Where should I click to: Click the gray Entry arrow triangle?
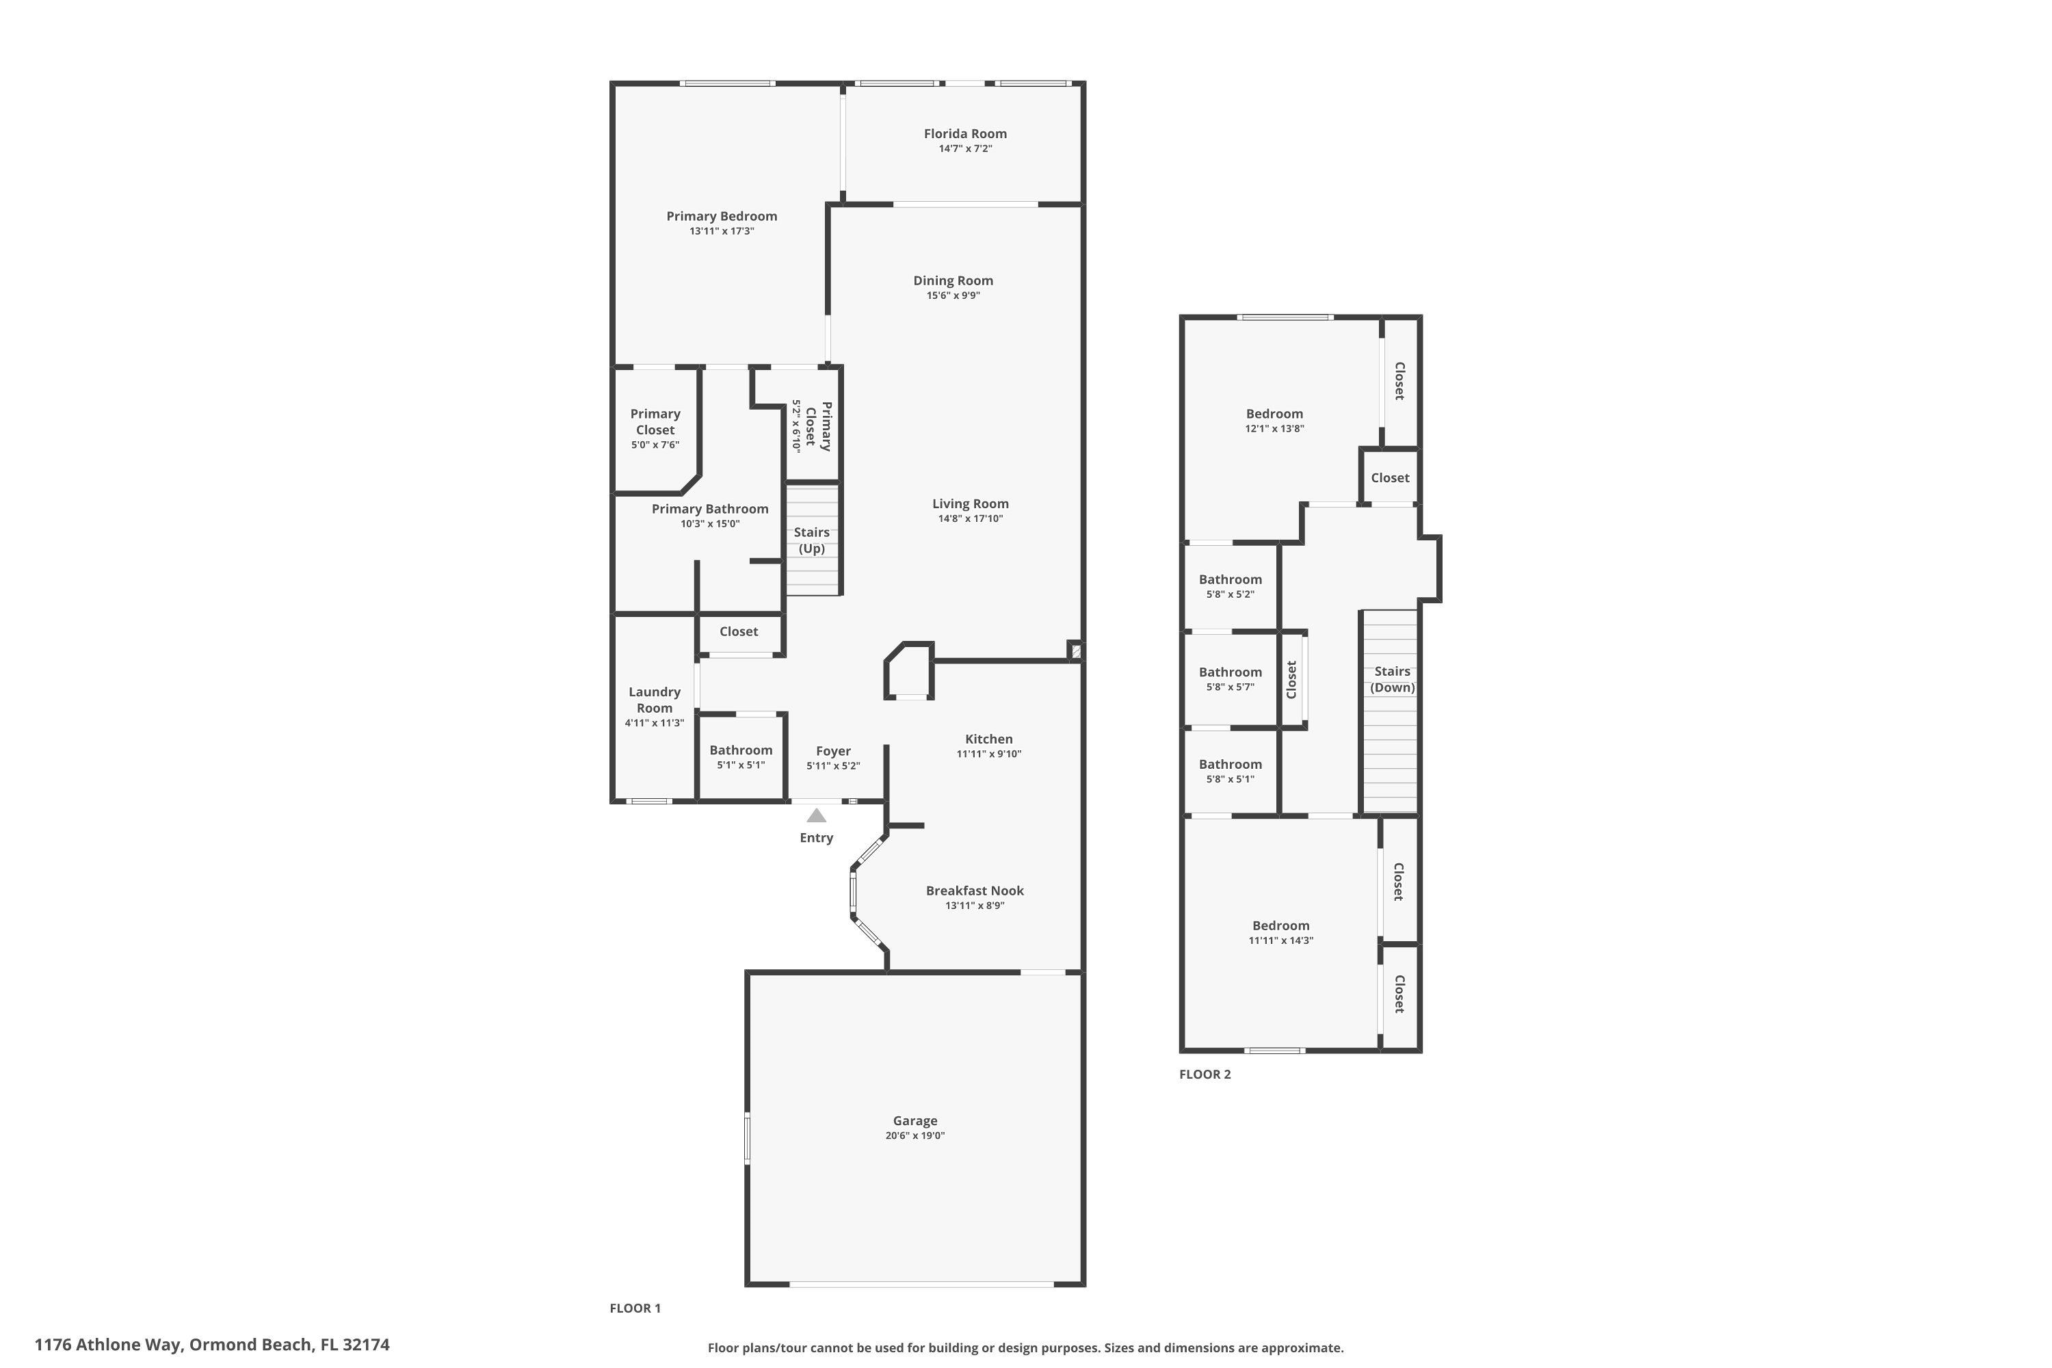pyautogui.click(x=816, y=816)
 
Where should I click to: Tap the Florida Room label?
pyautogui.click(x=965, y=133)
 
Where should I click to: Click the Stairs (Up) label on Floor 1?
pyautogui.click(x=811, y=540)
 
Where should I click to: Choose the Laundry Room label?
pyautogui.click(x=655, y=700)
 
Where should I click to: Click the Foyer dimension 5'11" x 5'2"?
pyautogui.click(x=833, y=766)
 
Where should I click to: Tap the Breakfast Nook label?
pyautogui.click(x=975, y=891)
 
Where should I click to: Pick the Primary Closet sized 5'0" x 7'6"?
pyautogui.click(x=655, y=421)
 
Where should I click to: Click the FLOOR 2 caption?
pyautogui.click(x=1205, y=1074)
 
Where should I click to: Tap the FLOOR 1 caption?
pyautogui.click(x=635, y=1308)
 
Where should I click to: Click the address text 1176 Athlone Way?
pyautogui.click(x=109, y=1345)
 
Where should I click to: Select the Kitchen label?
pyautogui.click(x=988, y=739)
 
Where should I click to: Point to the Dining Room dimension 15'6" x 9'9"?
pyautogui.click(x=953, y=295)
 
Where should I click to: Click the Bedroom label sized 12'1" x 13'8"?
pyautogui.click(x=1274, y=414)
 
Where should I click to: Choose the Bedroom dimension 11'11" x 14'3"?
pyautogui.click(x=1280, y=941)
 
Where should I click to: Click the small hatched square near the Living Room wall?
pyautogui.click(x=1076, y=651)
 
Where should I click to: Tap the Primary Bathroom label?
pyautogui.click(x=710, y=509)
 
